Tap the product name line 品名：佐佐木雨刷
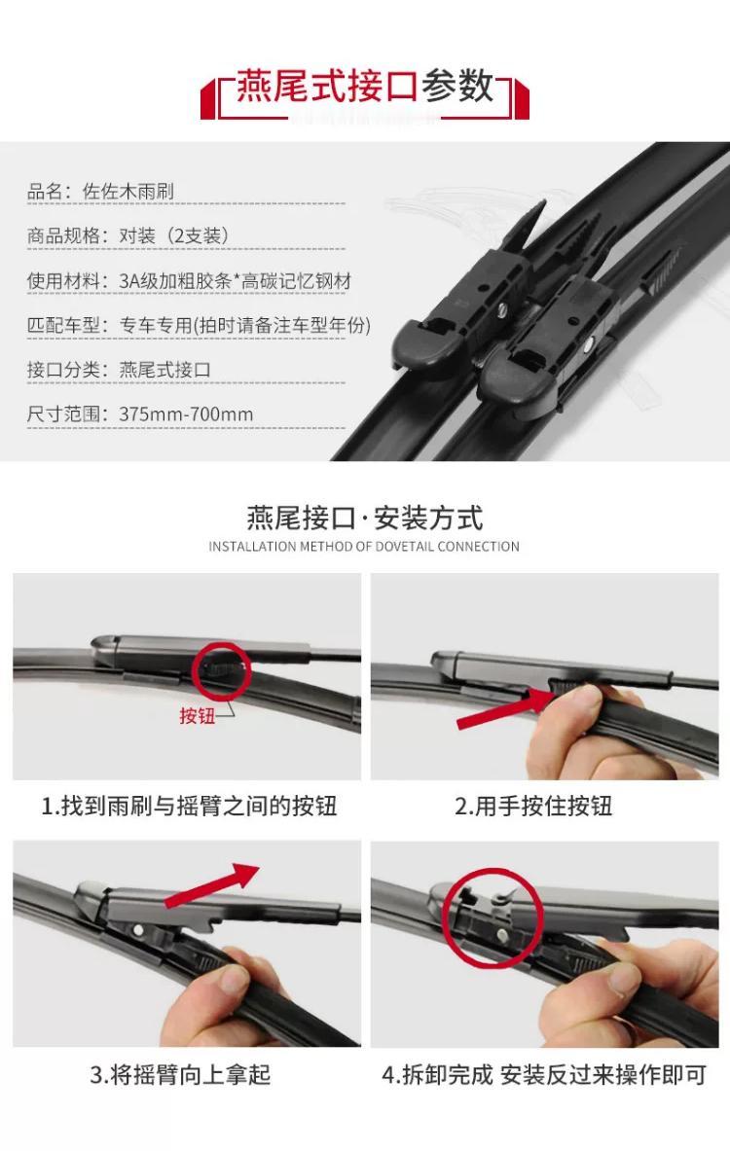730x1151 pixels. [100, 192]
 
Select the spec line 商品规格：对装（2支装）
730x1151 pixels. [128, 235]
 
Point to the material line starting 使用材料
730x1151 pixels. [189, 280]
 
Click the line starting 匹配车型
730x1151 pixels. [199, 325]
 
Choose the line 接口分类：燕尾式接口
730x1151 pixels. [119, 369]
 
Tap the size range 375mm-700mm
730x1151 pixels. [186, 414]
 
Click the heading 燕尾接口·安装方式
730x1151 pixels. [364, 519]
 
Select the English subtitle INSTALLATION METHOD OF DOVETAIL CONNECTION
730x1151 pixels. [364, 547]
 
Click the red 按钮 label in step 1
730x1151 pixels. [197, 716]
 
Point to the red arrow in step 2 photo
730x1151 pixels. [505, 708]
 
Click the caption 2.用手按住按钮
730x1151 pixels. [533, 806]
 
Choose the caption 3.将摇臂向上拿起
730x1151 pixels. [181, 1075]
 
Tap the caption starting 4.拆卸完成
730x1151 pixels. [544, 1075]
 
